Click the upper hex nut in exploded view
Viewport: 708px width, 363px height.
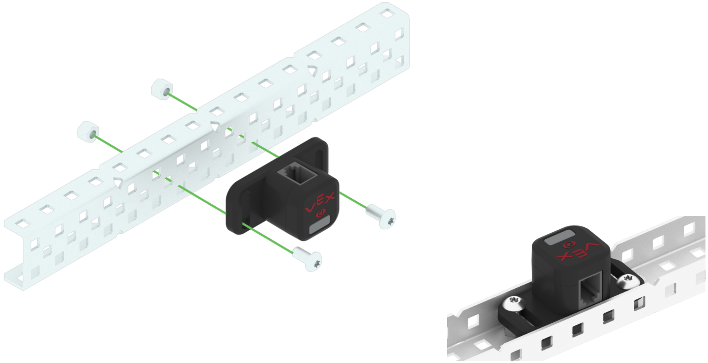point(161,88)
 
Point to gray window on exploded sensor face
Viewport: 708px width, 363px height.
point(320,227)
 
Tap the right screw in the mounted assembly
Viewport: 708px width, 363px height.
point(628,280)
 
